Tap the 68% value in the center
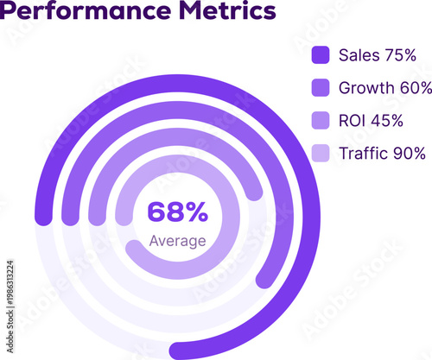point(177,212)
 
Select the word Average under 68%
point(177,241)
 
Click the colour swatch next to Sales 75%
point(321,55)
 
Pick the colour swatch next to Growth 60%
point(321,87)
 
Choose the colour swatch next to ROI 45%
point(321,120)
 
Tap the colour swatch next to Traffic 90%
point(321,154)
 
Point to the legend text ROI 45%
point(371,120)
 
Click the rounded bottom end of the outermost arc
point(179,350)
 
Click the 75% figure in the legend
point(399,55)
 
